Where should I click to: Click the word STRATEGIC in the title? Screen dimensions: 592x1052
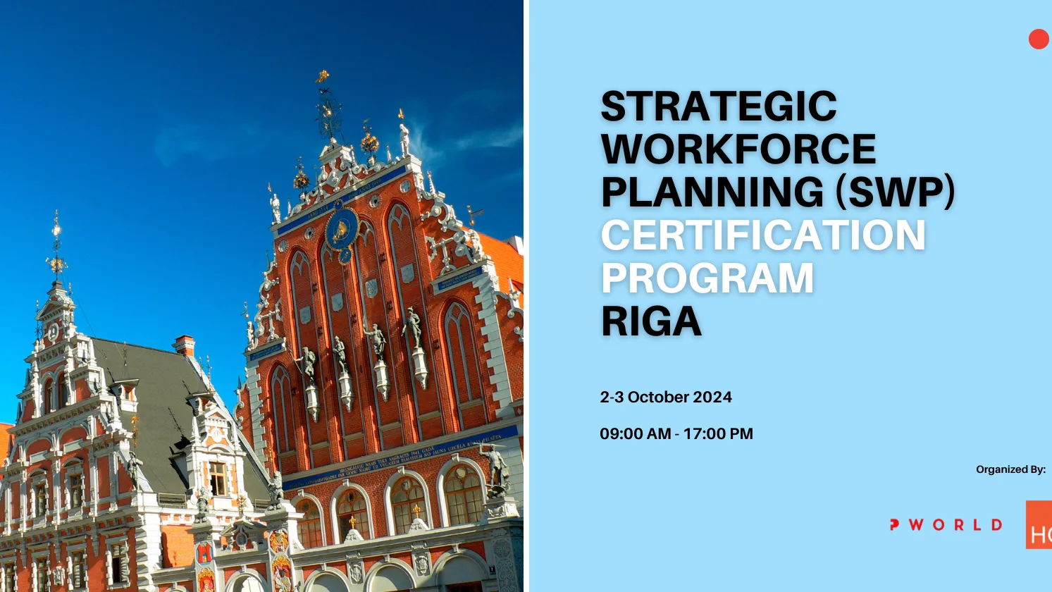(x=718, y=106)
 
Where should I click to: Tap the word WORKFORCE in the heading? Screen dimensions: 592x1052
(x=738, y=149)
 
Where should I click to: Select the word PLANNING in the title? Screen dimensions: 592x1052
(x=712, y=192)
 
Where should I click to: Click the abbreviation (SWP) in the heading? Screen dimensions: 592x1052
(x=895, y=192)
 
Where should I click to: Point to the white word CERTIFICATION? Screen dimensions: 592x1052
(x=762, y=235)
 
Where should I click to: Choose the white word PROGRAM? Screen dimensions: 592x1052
(x=707, y=278)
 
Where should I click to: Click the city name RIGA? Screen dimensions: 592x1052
(x=650, y=321)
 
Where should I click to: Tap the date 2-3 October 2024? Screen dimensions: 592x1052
(x=665, y=397)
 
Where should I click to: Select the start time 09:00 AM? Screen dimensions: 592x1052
(x=635, y=434)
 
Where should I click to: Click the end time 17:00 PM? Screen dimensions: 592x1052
(x=718, y=434)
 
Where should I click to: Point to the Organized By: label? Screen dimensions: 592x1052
(x=1010, y=469)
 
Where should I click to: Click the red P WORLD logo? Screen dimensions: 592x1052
(x=946, y=525)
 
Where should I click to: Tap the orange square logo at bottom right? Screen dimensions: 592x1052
(x=1039, y=525)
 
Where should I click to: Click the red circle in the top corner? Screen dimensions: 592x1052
(x=1039, y=39)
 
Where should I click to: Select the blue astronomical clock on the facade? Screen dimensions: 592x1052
(x=341, y=229)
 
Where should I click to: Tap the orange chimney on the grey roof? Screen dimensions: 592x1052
(x=185, y=345)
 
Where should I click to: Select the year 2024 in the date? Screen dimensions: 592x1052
(x=712, y=397)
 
